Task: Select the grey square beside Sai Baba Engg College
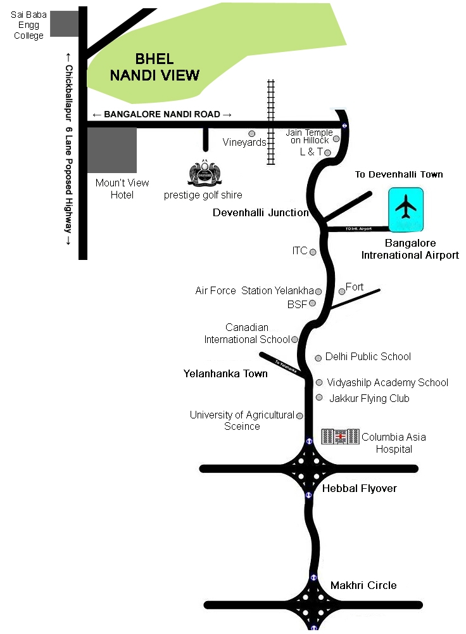[63, 23]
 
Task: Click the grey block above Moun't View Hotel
[111, 150]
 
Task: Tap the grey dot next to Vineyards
[252, 134]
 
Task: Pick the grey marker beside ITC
[313, 252]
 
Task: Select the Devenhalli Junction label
[260, 212]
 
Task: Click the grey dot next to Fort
[342, 291]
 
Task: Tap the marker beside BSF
[312, 303]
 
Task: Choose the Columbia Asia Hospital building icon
[340, 436]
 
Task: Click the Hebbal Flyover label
[359, 489]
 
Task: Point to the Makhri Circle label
[363, 585]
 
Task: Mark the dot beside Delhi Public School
[318, 358]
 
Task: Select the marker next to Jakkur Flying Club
[319, 398]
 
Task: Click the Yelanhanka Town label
[225, 373]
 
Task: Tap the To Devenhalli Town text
[398, 174]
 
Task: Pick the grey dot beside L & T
[328, 152]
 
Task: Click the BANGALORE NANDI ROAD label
[162, 114]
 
